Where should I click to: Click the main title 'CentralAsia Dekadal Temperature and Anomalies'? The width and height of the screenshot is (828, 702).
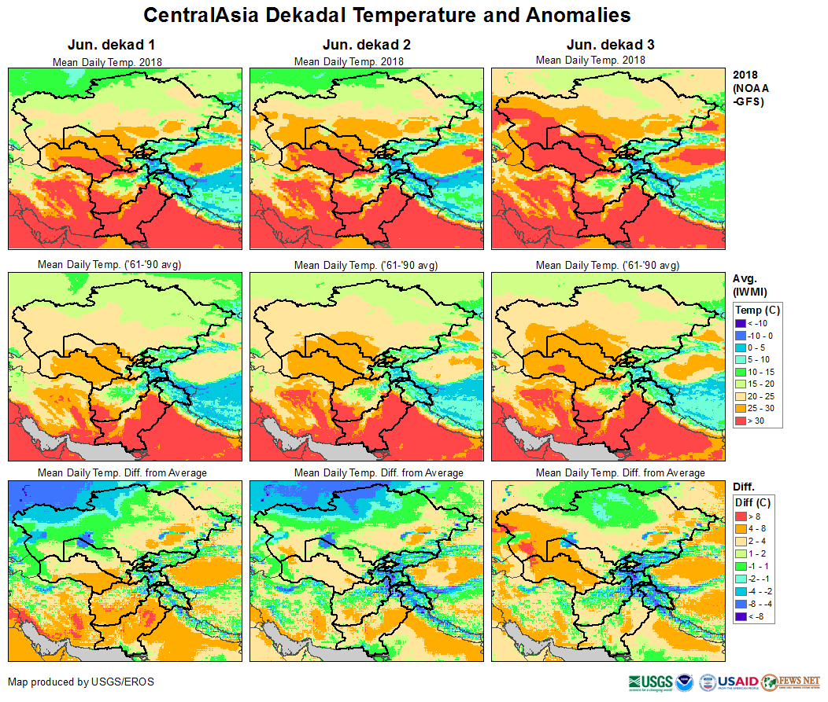pos(387,15)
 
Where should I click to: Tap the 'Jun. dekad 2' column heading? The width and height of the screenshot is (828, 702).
pos(366,45)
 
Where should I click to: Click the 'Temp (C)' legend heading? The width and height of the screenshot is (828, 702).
pos(757,310)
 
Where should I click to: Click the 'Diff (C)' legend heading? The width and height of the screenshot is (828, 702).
pos(754,502)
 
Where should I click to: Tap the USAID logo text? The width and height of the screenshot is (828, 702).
pos(738,682)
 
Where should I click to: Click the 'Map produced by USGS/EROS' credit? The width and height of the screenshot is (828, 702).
pos(81,682)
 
